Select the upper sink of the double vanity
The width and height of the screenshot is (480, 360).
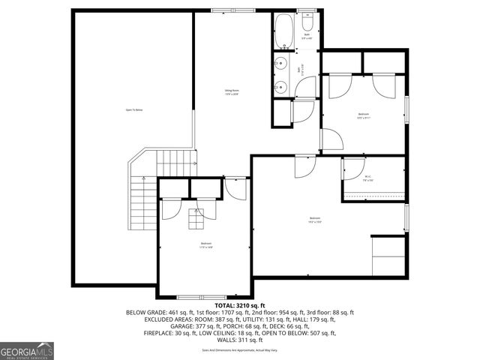pos(282,64)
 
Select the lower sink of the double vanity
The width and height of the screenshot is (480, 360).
pos(282,85)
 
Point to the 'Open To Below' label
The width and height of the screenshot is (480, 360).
pos(133,110)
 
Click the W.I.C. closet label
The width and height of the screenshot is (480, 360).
pos(368,178)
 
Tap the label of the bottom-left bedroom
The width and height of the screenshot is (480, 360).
pos(205,244)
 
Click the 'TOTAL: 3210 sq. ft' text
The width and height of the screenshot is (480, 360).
pos(240,306)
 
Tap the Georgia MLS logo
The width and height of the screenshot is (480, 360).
pos(27,350)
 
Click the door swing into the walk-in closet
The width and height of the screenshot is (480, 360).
pos(351,169)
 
